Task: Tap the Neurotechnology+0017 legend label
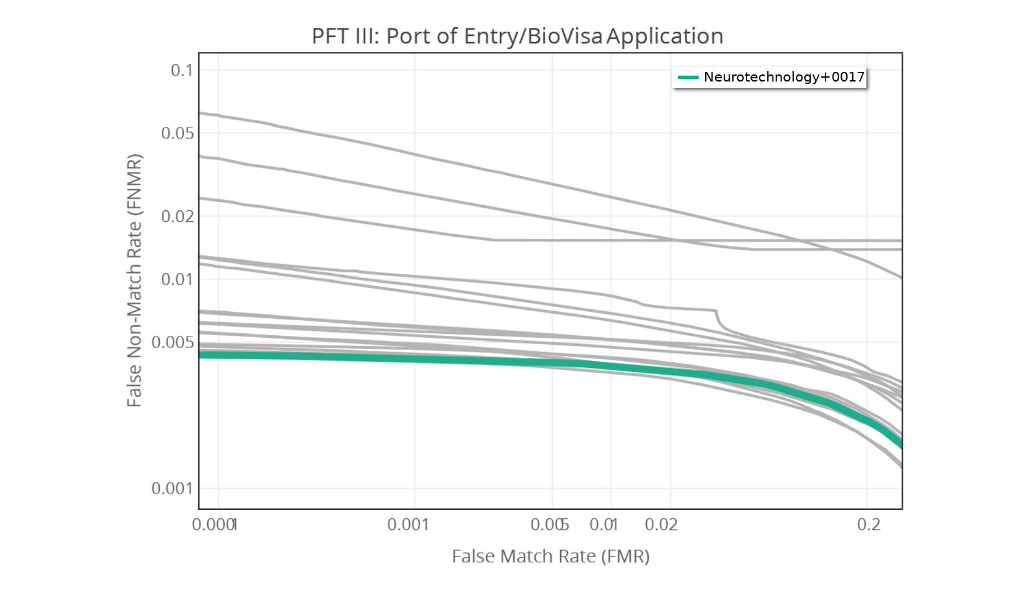coord(783,77)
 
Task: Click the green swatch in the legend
coord(688,77)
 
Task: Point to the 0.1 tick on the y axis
coord(182,70)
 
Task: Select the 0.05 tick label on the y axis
coord(177,133)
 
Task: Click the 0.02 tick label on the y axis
coord(177,216)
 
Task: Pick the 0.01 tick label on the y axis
coord(177,279)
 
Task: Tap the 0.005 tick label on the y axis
coord(173,342)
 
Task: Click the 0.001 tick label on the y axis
coord(173,488)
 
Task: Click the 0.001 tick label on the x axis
coord(408,524)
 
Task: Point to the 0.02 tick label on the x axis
coord(661,524)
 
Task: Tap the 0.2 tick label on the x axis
coord(869,524)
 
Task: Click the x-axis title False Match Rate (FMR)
coord(550,556)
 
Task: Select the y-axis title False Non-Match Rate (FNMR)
coord(134,280)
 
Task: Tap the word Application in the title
coord(665,36)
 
